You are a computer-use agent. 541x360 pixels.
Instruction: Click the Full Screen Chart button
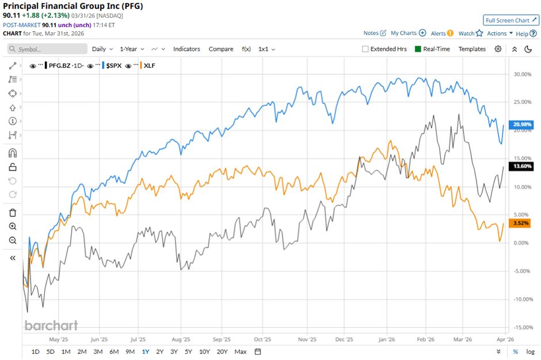point(510,20)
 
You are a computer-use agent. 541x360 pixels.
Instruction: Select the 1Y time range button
point(145,351)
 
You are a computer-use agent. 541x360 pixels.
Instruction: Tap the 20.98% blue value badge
point(522,124)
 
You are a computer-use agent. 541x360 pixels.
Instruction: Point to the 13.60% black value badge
point(522,166)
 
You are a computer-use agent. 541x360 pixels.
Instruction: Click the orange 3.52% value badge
point(522,223)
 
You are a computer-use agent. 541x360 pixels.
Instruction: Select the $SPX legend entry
point(113,66)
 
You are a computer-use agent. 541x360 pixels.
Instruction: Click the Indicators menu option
point(186,49)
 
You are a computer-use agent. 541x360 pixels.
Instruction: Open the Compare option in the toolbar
point(221,49)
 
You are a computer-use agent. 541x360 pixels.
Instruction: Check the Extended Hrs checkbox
point(365,49)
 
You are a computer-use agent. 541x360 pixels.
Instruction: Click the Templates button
point(472,49)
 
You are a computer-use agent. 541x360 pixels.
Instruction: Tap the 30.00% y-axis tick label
point(522,74)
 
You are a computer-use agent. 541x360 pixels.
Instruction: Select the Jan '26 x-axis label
point(387,340)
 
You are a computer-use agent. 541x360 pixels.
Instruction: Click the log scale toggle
point(530,351)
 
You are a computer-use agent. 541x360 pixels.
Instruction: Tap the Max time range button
point(241,351)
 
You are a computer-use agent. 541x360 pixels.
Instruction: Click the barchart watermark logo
point(51,325)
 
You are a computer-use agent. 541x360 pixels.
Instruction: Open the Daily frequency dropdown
point(102,49)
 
